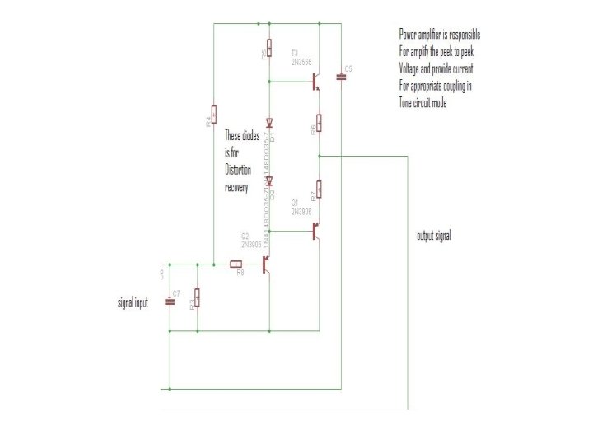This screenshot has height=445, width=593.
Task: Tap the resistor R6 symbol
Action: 319,123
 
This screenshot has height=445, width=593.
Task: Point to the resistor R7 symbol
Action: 319,189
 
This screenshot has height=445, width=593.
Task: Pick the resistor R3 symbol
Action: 197,297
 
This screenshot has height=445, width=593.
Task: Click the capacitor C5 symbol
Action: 341,78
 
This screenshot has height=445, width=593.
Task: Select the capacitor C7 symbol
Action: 170,300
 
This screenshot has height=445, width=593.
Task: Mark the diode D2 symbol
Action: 269,180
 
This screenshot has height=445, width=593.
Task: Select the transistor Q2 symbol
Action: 264,265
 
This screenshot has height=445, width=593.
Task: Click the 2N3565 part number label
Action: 300,63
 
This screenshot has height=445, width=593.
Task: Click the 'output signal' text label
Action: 433,236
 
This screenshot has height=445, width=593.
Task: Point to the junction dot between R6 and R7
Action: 319,155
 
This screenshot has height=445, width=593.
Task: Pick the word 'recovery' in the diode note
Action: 237,187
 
